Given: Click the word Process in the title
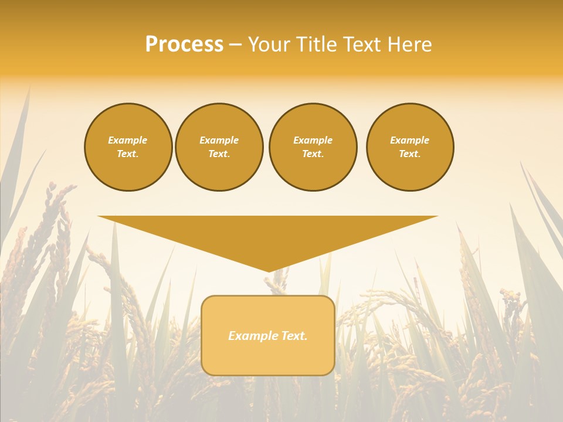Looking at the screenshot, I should (184, 45).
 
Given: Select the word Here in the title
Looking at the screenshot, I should (409, 45).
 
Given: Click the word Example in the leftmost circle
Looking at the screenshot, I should (128, 141).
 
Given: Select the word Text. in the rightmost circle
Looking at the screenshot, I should (410, 154).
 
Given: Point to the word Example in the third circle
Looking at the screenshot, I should (313, 141).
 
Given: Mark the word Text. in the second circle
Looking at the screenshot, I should (219, 154).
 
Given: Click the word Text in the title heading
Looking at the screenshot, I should (362, 45).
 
